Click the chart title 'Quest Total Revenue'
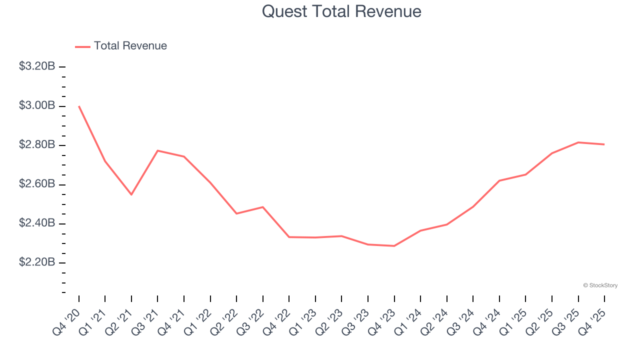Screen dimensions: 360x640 (341, 11)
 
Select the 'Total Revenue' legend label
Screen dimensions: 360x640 (130, 46)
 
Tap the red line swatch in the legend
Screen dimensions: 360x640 (82, 46)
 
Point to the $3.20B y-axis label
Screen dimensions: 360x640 (37, 66)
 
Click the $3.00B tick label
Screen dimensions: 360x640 (37, 105)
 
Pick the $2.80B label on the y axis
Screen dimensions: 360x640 (37, 145)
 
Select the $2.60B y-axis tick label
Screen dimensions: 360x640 (37, 184)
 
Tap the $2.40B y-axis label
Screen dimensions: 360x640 (37, 223)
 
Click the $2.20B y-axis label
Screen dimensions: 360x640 (37, 262)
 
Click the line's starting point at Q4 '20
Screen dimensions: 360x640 (79, 106)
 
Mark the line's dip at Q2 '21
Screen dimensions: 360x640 (131, 194)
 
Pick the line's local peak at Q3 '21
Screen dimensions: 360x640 (157, 150)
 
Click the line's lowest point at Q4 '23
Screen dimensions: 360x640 (394, 246)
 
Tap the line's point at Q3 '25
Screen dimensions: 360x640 (578, 142)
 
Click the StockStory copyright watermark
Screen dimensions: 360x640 (600, 285)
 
